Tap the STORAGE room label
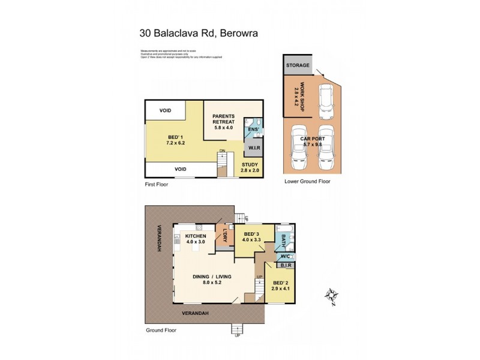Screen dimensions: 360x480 coord(298,65)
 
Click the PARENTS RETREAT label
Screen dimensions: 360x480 coord(223,119)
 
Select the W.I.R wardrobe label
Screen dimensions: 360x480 coord(253,148)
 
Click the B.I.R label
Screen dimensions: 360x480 coord(285,265)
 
